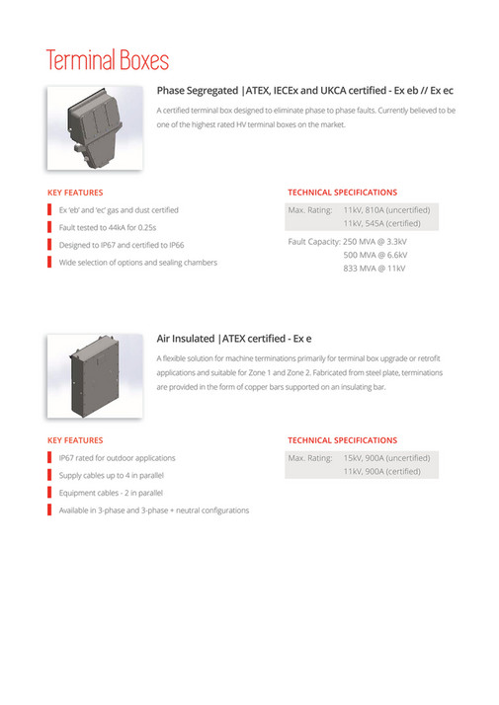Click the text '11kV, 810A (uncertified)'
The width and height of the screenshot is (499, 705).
[386, 210]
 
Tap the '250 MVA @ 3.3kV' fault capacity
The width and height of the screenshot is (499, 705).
[375, 241]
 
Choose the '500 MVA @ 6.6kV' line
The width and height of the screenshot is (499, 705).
[375, 255]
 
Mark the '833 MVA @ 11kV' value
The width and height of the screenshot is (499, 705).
[374, 269]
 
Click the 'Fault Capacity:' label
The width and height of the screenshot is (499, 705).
[313, 241]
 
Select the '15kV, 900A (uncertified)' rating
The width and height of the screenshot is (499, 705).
[386, 458]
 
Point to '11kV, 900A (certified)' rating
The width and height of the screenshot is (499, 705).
[380, 472]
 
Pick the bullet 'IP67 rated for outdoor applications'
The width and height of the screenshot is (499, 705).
[117, 458]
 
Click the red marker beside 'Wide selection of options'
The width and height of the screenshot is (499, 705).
[50, 262]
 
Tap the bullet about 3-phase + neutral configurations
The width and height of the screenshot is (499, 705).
[153, 510]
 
